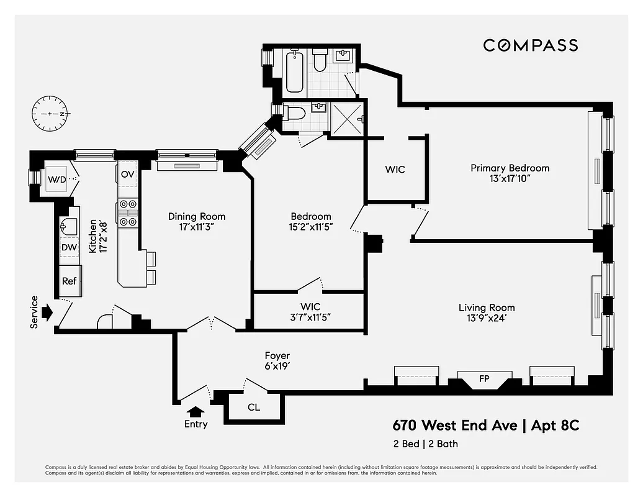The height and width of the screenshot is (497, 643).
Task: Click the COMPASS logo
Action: click(x=530, y=45)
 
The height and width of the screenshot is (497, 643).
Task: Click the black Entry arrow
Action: click(x=196, y=411)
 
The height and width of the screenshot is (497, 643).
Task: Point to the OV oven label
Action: click(x=128, y=174)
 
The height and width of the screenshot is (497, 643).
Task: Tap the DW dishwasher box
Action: click(x=69, y=247)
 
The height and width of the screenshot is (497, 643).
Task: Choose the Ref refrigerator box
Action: click(x=69, y=281)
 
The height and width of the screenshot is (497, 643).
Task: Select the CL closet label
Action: click(x=254, y=408)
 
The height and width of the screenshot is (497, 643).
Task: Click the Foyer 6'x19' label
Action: click(x=276, y=361)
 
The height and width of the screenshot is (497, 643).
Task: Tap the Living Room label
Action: click(x=487, y=312)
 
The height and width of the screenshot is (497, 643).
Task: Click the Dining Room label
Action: click(x=197, y=222)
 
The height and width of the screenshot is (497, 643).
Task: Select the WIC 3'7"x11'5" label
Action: click(x=310, y=312)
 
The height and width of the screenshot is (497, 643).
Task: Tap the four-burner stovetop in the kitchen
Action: click(x=128, y=213)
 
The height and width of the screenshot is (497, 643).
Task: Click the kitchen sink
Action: click(x=68, y=225)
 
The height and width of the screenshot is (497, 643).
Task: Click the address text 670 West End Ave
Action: click(x=455, y=426)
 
